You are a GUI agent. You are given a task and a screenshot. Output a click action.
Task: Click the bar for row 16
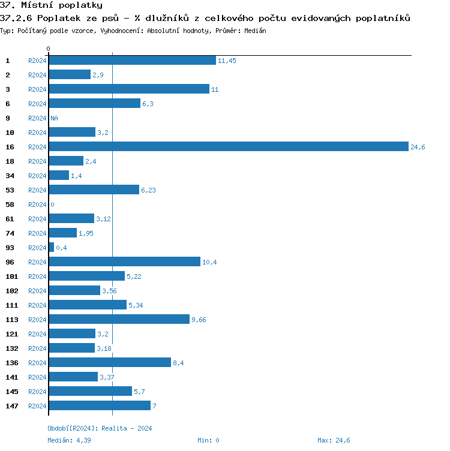point(229,147)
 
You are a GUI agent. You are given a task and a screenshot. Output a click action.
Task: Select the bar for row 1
point(132,61)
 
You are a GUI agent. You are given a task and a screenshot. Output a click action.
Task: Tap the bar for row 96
point(124,262)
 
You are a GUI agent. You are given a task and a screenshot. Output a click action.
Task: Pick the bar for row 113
point(119,320)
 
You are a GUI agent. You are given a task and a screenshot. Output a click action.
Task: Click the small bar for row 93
point(52,248)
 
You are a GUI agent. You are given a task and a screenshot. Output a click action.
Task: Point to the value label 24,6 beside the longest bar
point(418,148)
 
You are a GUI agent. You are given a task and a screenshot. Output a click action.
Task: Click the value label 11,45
point(227,61)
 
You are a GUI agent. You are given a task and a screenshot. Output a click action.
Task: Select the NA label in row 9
point(54,119)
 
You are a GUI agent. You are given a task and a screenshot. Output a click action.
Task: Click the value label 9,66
point(199,320)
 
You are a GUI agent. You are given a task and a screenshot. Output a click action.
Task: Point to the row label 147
point(11,406)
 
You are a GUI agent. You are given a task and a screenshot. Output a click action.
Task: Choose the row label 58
point(10,205)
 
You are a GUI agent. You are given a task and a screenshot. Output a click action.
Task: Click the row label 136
point(11,363)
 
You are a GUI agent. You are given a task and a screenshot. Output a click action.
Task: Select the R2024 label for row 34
point(37,176)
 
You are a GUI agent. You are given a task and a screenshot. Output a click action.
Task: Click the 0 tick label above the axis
point(49,49)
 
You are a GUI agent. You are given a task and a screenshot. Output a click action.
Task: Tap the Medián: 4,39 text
point(69,440)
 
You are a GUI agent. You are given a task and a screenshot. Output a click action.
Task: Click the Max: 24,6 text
point(334,440)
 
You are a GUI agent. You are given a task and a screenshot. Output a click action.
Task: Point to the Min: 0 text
point(208,440)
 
